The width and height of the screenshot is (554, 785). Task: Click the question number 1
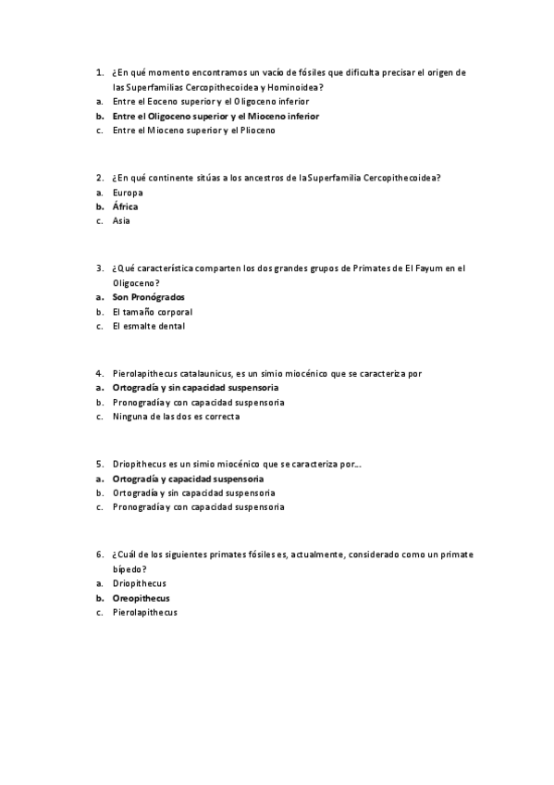98,71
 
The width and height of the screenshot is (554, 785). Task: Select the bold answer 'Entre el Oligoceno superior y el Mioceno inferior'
215,117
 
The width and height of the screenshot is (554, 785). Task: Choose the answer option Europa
128,192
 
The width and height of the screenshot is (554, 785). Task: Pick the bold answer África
125,206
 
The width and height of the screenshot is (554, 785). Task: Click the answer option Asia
121,221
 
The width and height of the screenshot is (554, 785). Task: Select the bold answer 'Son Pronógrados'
148,297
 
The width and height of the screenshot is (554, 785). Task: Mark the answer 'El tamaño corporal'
152,312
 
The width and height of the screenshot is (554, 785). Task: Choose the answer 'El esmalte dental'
148,327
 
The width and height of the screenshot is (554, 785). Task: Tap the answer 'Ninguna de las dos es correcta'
176,417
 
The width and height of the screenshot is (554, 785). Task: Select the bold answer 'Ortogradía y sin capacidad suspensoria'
194,388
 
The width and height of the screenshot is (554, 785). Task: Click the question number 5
98,464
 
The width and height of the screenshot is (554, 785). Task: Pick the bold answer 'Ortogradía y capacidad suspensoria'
188,479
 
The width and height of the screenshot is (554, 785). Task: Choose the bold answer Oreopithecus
141,598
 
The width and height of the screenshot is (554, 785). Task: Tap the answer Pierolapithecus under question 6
144,613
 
